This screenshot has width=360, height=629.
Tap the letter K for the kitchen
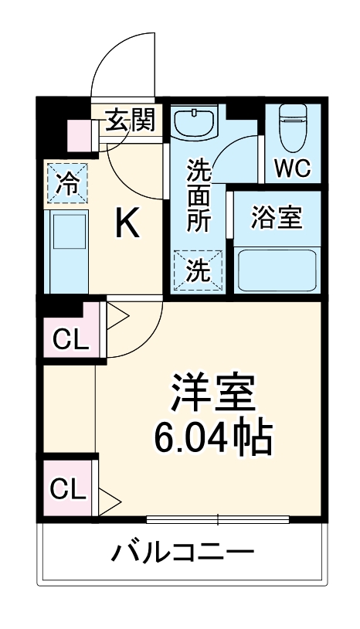pos(127,226)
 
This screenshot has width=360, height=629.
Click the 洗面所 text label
pos(199,193)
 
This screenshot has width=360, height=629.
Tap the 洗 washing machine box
pos(199,270)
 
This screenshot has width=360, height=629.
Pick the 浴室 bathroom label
pos(276,218)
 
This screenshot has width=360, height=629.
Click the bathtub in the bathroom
pos(277,270)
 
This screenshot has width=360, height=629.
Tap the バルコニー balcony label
pos(183,552)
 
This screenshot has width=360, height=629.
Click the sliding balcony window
pos(219,518)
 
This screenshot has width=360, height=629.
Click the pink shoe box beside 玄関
pos(80,136)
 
